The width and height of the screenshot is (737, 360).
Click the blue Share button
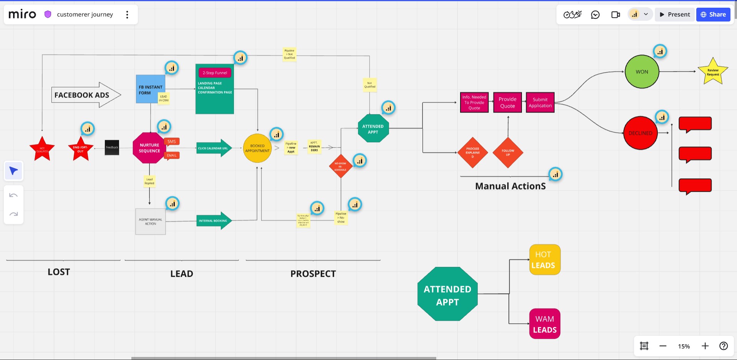pos(713,15)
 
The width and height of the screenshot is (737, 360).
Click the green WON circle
pos(642,72)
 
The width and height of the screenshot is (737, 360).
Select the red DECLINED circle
pos(640,133)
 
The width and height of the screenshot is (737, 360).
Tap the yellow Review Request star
pos(713,72)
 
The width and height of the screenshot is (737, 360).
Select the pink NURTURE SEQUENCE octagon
pos(149,148)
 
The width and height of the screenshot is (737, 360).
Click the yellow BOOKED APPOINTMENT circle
pos(257,148)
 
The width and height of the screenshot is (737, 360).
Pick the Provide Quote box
pos(507,103)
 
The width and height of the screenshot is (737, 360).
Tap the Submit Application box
pos(540,103)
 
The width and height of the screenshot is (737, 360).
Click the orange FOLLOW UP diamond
pos(508,153)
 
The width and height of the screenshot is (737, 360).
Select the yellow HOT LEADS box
pos(545,260)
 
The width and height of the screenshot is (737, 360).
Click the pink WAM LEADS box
pos(545,324)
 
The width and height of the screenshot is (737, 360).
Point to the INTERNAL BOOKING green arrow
pos(214,221)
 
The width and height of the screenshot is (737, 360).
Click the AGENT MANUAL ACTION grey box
pos(151,222)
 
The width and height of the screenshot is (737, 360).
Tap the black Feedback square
pos(112,148)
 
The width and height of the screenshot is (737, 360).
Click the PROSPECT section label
pos(313,274)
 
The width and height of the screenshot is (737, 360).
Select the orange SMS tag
pos(172,141)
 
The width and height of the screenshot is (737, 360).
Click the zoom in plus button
pos(705,346)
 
